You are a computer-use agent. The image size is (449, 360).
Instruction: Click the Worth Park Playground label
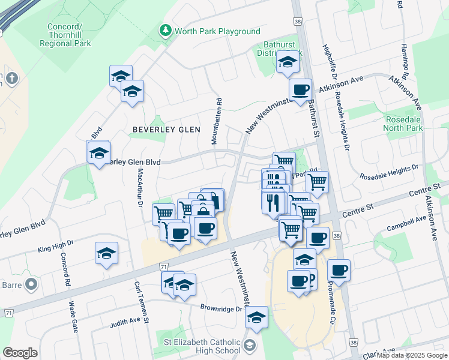point(217,31)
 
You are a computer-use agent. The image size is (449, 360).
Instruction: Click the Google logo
point(20,353)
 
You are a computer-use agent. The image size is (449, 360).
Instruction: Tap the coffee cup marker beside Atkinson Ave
point(300,91)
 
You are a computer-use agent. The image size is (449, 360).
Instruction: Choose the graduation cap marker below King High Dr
point(106,254)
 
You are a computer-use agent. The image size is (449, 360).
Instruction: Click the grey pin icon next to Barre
point(32,284)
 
